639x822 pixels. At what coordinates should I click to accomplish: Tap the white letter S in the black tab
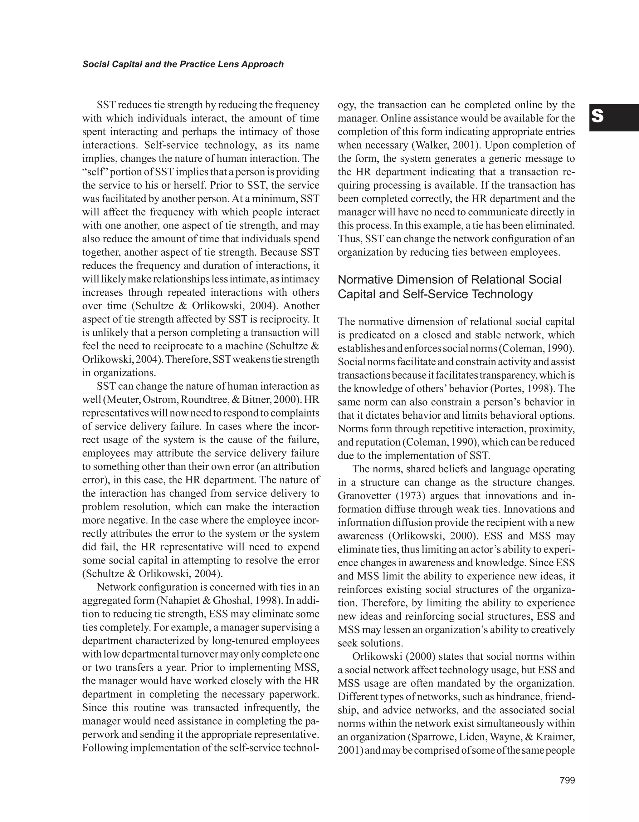[x=597, y=117]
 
